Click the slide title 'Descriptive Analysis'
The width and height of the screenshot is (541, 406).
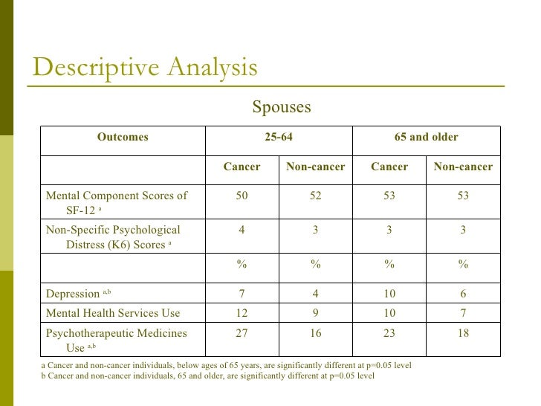(x=146, y=68)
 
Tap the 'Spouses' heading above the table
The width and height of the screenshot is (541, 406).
(x=281, y=107)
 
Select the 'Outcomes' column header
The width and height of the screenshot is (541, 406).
(x=123, y=137)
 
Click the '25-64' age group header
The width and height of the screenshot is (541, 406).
(x=278, y=137)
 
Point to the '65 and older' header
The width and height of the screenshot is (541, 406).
(x=426, y=137)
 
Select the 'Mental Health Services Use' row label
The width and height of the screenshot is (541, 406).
(x=113, y=313)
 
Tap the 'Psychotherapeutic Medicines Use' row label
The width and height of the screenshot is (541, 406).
(x=116, y=340)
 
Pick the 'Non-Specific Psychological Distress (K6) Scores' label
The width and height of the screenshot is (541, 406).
(x=113, y=236)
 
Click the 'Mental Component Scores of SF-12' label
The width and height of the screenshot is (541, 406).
(x=117, y=203)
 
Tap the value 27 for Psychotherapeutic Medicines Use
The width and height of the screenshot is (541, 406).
(x=242, y=333)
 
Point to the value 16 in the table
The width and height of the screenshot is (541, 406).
(x=315, y=333)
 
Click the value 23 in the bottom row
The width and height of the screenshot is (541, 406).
(x=389, y=333)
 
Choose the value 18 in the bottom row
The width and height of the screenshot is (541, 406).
(x=463, y=333)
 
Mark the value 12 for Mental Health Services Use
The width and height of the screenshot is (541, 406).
(x=242, y=313)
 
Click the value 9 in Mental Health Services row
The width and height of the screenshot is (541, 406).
(x=315, y=313)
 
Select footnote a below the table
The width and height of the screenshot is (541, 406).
(x=226, y=366)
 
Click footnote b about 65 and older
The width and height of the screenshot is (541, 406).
(x=208, y=376)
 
